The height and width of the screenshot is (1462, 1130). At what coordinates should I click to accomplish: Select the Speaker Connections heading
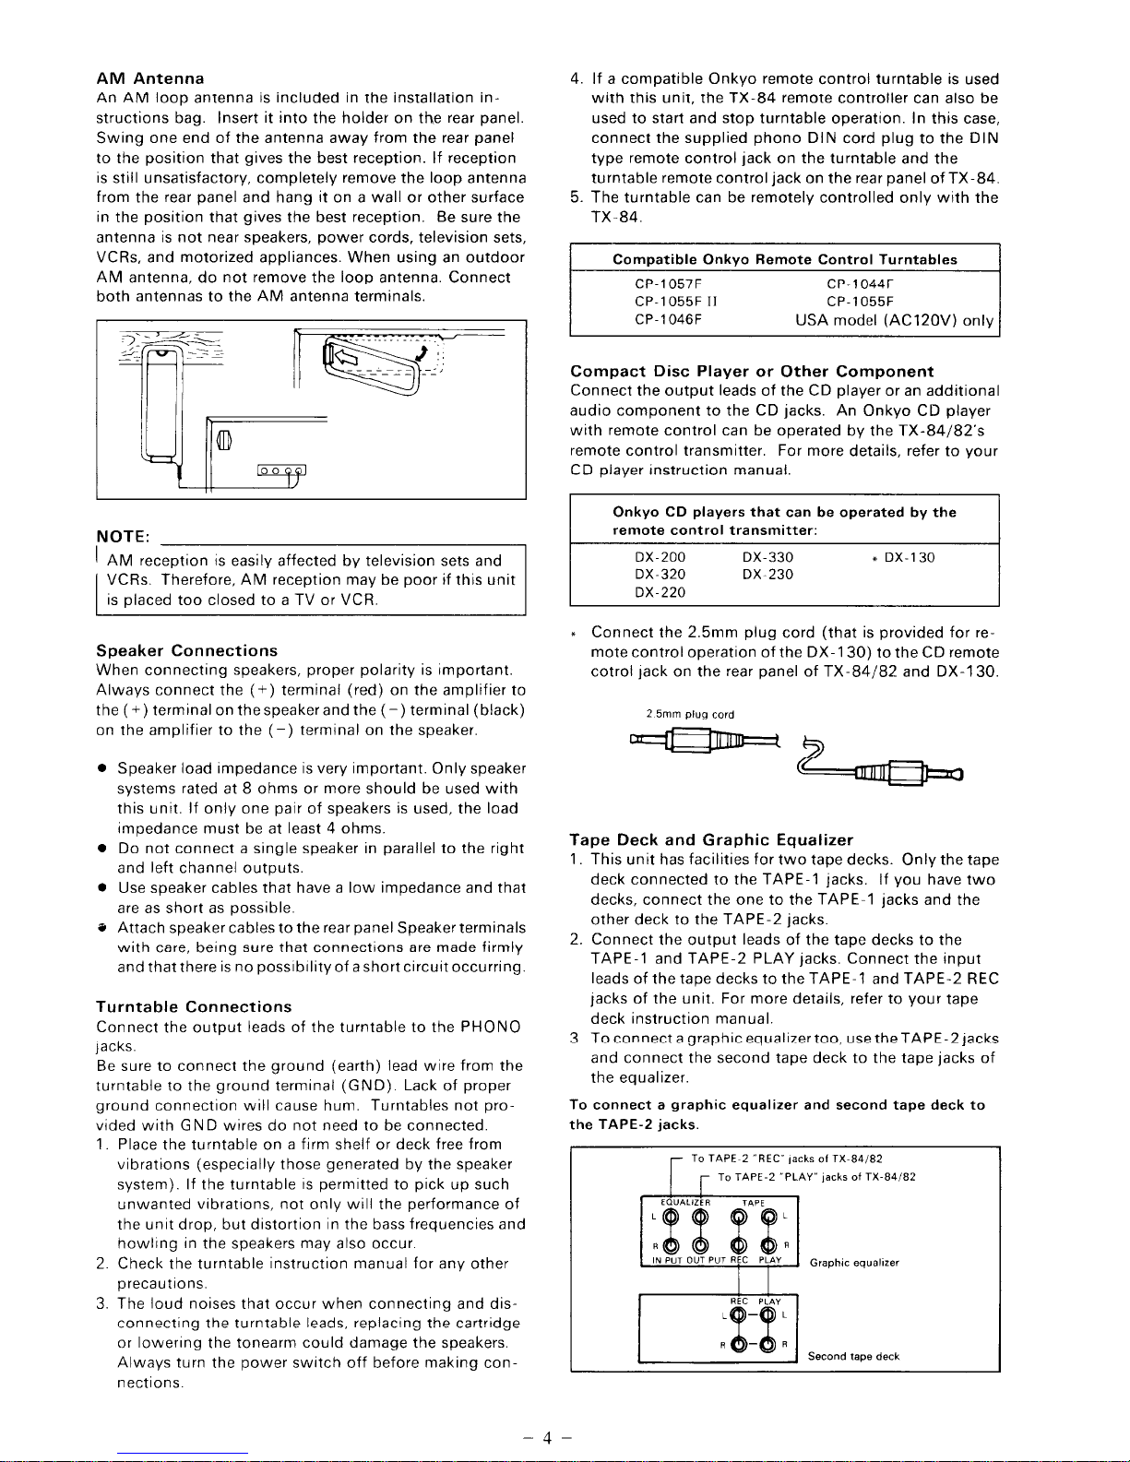point(186,651)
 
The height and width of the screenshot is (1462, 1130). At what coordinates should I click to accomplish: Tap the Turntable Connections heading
point(194,1007)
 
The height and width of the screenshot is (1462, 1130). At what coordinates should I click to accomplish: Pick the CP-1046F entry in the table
point(669,321)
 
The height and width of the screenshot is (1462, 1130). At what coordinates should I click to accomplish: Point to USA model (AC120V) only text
point(894,321)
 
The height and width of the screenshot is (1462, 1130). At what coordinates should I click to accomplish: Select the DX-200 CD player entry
point(660,558)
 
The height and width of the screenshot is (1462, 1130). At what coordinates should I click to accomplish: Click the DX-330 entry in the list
point(767,558)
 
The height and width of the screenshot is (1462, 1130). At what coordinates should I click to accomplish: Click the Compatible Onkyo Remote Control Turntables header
point(785,260)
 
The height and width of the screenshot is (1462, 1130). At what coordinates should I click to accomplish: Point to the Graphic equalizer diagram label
point(853,1263)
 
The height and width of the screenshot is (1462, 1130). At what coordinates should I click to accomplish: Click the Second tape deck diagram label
point(853,1357)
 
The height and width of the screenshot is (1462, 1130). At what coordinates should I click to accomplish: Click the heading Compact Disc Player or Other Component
point(752,372)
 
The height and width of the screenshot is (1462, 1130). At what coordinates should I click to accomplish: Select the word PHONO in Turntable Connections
point(491,1028)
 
